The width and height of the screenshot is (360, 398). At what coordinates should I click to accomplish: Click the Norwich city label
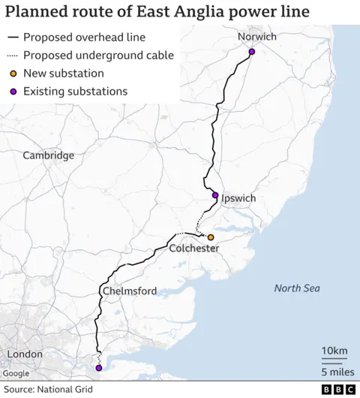pos(256,37)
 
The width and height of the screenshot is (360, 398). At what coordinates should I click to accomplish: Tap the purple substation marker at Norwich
pos(252,52)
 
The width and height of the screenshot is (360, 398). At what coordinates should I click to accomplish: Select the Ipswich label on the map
pos(238,198)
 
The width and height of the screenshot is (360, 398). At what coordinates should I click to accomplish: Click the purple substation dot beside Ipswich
pos(215,196)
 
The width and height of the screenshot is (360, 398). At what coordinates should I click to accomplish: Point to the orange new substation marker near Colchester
pos(211,237)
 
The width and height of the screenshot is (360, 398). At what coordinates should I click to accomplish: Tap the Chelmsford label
pos(128,291)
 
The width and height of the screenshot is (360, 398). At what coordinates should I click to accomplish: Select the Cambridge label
pos(49,155)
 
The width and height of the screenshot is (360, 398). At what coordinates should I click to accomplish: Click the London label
pos(25,354)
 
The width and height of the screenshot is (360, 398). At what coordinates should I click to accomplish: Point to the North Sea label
pos(296,288)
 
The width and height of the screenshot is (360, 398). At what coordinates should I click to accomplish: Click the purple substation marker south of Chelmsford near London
pos(99,368)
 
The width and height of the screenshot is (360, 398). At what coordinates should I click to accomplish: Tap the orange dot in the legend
pos(13,74)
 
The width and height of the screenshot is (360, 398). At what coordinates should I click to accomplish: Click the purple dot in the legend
pos(13,92)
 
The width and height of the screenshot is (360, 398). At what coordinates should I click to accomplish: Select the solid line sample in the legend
pos(13,38)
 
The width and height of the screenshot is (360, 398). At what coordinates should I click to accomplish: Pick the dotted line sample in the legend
pos(13,56)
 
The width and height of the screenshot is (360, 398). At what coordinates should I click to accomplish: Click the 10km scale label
pos(334,351)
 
